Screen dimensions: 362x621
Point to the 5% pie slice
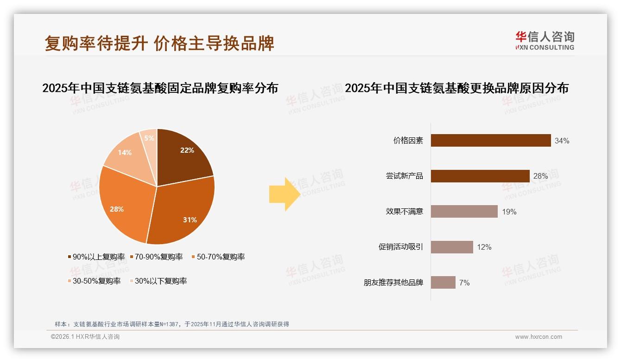point(149,138)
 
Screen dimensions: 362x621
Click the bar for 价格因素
point(491,140)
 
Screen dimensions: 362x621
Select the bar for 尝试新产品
point(480,176)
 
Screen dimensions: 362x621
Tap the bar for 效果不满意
point(464,212)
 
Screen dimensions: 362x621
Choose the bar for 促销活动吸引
point(452,247)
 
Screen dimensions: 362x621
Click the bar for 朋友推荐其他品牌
point(443,282)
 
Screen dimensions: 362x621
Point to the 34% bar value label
point(562,141)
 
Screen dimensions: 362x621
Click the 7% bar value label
point(464,283)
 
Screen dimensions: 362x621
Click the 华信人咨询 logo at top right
point(545,41)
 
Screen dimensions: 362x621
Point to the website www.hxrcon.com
point(539,337)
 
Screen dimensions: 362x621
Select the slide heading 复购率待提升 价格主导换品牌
point(159,43)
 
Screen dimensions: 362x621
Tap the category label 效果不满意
point(405,212)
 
